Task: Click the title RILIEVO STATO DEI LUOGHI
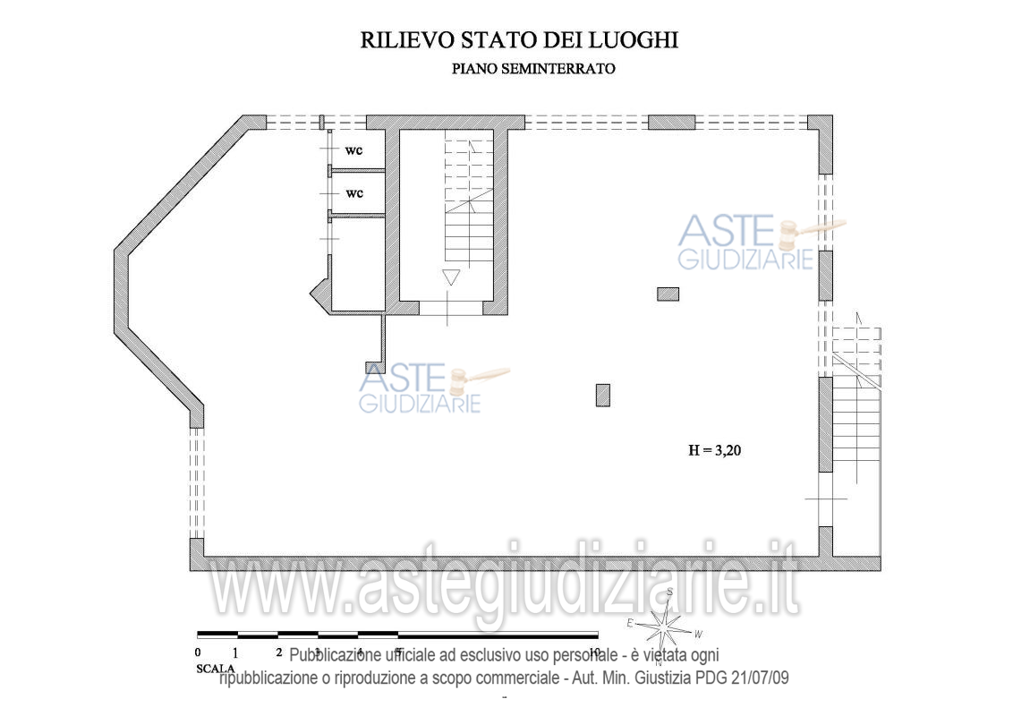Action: pyautogui.click(x=519, y=40)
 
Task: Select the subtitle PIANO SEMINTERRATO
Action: pyautogui.click(x=533, y=69)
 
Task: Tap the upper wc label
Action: pyautogui.click(x=354, y=149)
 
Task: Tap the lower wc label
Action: pyautogui.click(x=354, y=193)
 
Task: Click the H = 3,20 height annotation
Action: pyautogui.click(x=714, y=451)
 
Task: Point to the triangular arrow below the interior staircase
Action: pyautogui.click(x=451, y=277)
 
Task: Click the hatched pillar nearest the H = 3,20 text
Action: pyautogui.click(x=603, y=395)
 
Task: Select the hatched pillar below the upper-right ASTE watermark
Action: pyautogui.click(x=668, y=294)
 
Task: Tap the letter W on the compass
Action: pyautogui.click(x=698, y=634)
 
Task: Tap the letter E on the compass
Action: pyautogui.click(x=630, y=623)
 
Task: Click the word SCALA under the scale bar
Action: pyautogui.click(x=215, y=669)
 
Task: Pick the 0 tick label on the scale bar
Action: pyautogui.click(x=198, y=652)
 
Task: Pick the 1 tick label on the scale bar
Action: pyautogui.click(x=234, y=652)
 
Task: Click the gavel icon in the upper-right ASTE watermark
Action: pyautogui.click(x=801, y=233)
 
